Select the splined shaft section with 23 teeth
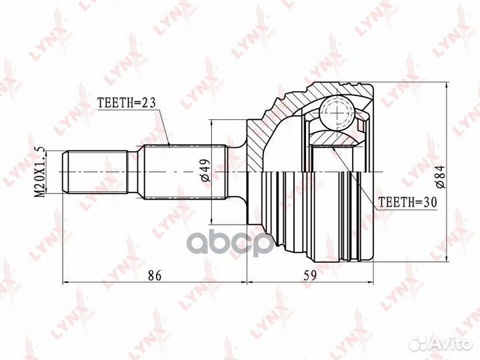[x=177, y=172]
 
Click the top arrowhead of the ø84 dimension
[x=445, y=85]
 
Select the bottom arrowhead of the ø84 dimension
[x=445, y=261]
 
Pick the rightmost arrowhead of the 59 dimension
[x=374, y=283]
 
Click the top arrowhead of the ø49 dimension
[x=211, y=124]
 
